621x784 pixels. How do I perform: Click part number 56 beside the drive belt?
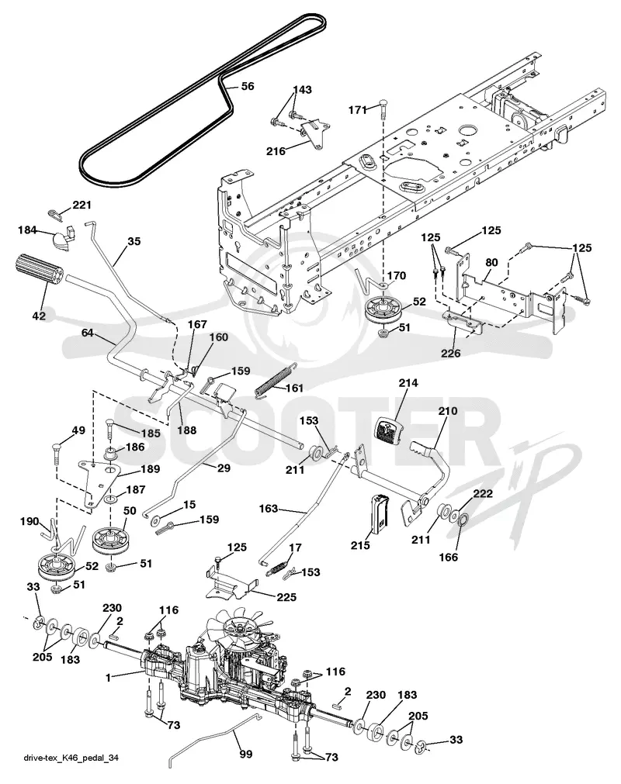247,86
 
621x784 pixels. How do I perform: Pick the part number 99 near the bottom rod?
246,754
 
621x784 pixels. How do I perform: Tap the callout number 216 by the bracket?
276,150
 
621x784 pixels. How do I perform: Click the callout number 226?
450,353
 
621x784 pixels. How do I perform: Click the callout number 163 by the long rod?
269,509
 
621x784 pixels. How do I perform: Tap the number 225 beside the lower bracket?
286,597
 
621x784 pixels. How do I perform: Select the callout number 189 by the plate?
150,469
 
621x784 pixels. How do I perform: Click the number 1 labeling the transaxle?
108,678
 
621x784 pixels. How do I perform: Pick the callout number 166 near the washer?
448,557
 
